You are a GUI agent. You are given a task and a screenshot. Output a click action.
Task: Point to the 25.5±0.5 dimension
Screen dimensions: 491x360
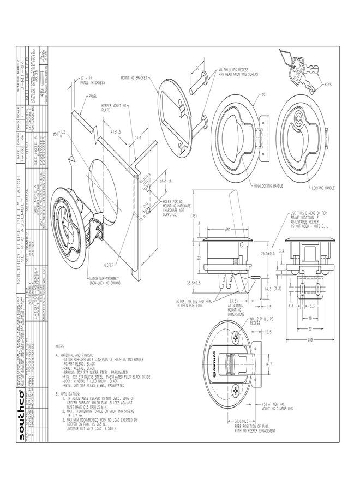(x=267, y=254)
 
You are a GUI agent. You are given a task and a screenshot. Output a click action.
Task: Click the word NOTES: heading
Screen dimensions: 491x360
(x=61, y=346)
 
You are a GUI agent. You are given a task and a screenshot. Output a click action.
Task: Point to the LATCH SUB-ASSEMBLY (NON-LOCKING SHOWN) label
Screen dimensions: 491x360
(x=107, y=280)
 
